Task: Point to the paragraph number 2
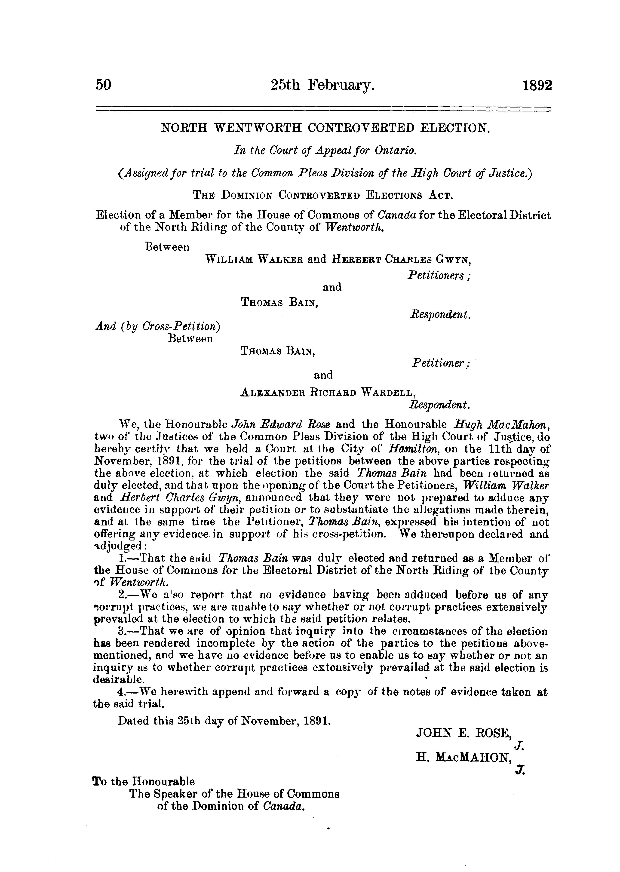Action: click(122, 594)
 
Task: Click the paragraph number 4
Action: click(122, 692)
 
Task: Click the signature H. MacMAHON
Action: click(464, 758)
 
